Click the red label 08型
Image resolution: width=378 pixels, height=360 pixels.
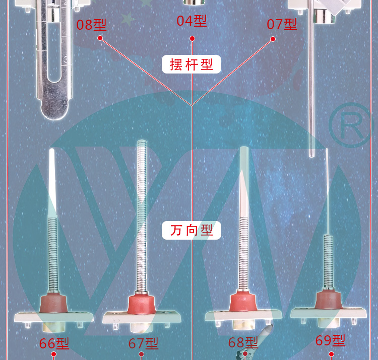click(x=91, y=25)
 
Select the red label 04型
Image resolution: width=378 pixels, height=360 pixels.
click(x=192, y=21)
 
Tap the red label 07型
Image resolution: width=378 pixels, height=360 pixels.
click(x=282, y=24)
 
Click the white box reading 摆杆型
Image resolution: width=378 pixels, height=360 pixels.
click(x=192, y=64)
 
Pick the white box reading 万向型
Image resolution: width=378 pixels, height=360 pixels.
click(x=192, y=231)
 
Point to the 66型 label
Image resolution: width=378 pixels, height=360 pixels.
click(x=54, y=343)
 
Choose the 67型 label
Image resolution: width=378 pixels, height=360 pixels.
click(x=143, y=343)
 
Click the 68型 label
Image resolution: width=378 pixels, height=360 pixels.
click(x=243, y=342)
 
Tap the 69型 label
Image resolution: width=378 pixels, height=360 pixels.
click(x=330, y=340)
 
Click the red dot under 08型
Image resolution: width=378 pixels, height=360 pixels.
click(x=100, y=38)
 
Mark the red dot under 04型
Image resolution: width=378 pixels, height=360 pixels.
click(x=192, y=39)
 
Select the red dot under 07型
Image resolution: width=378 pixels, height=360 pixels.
click(x=273, y=39)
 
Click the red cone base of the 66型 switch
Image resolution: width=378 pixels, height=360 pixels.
click(x=53, y=303)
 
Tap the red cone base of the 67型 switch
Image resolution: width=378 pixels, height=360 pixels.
click(x=142, y=304)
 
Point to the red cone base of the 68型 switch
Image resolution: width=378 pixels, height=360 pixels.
click(x=243, y=302)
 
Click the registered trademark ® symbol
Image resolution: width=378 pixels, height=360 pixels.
click(x=350, y=125)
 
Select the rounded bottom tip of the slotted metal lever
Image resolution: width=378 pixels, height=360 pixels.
click(x=54, y=110)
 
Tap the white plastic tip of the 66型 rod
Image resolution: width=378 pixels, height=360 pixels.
click(x=52, y=183)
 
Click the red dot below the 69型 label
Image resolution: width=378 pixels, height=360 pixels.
click(x=331, y=354)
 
